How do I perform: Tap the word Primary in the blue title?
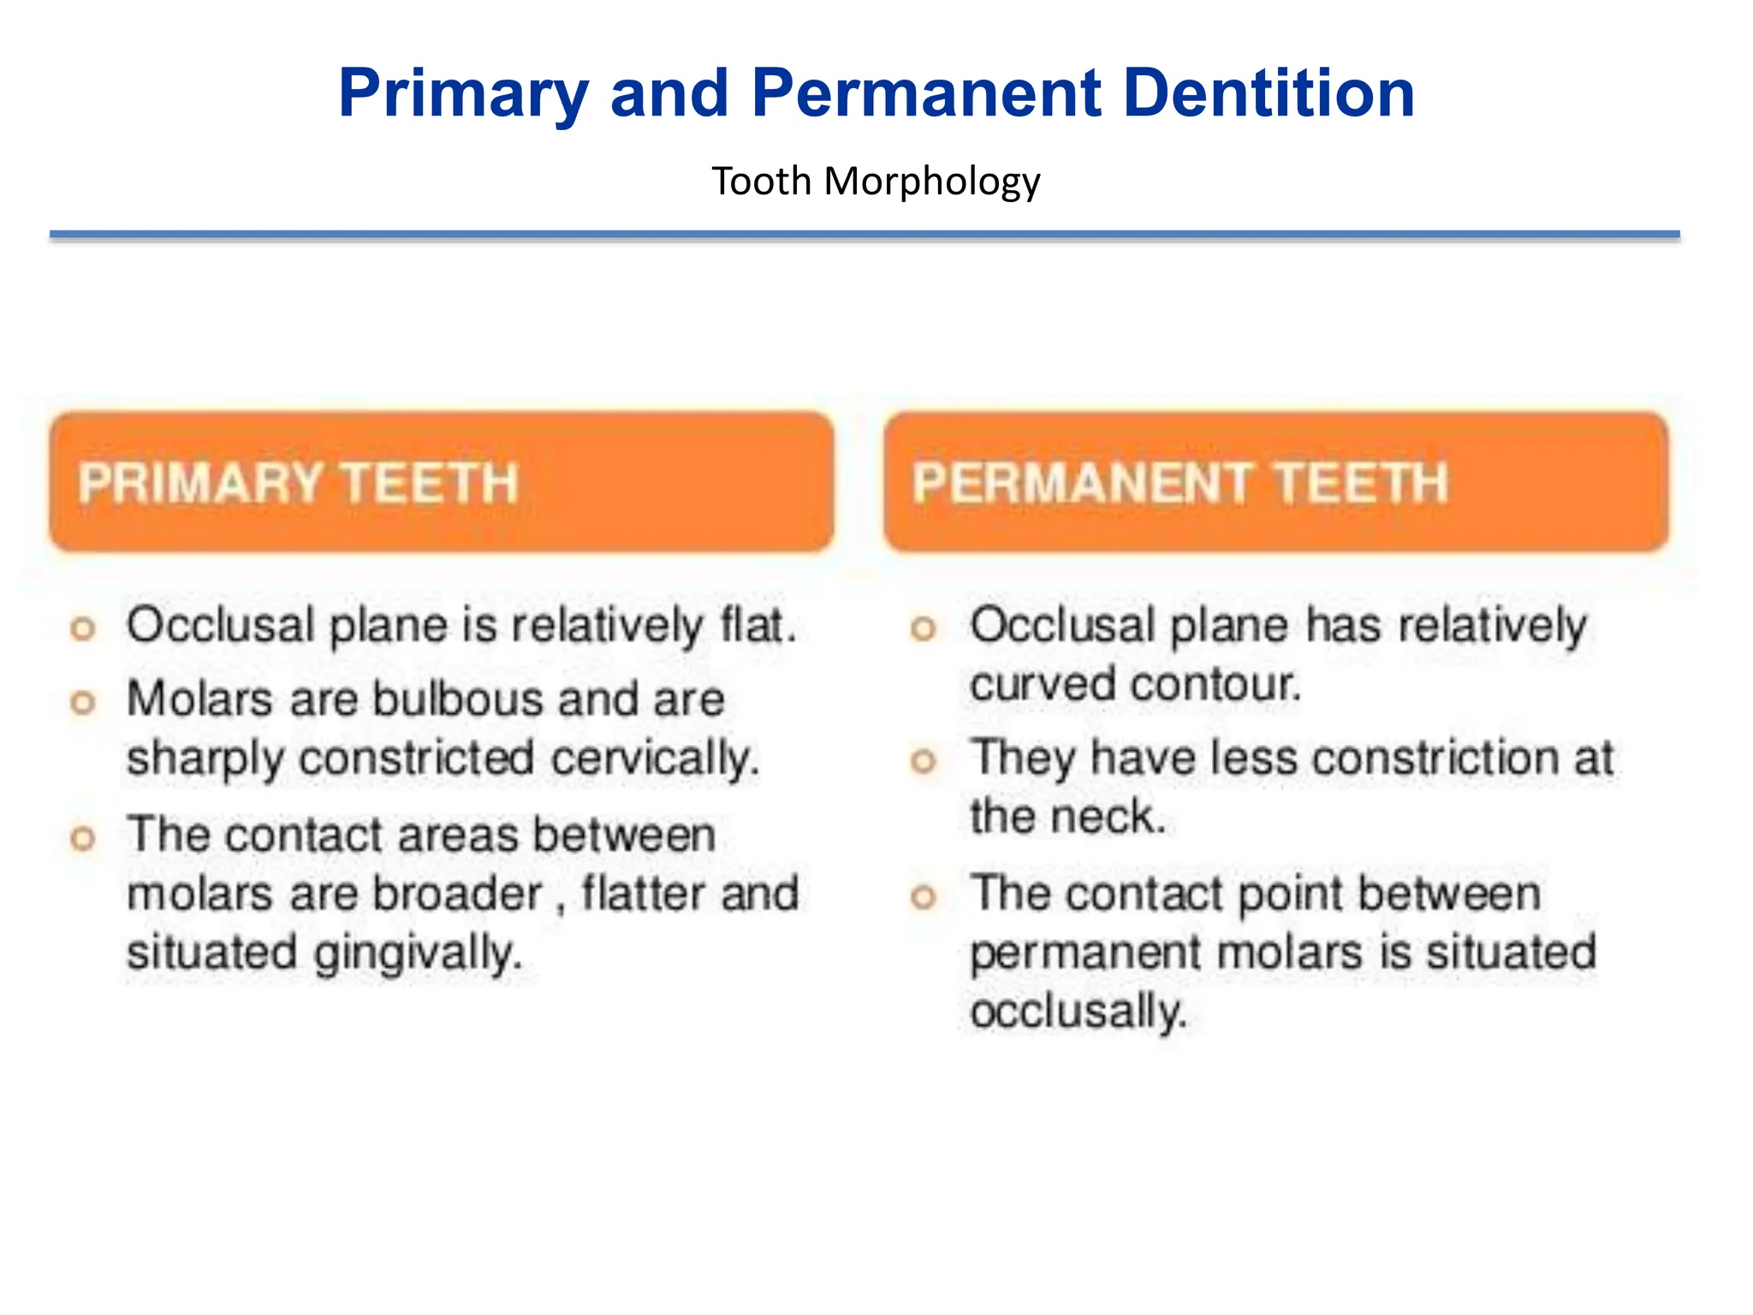pyautogui.click(x=463, y=94)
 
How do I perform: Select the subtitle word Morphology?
pyautogui.click(x=931, y=182)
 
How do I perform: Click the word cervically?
pyautogui.click(x=654, y=759)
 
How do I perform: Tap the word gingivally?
pyautogui.click(x=418, y=953)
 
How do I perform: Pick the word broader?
pyautogui.click(x=457, y=894)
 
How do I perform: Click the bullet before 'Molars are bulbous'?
pyautogui.click(x=82, y=703)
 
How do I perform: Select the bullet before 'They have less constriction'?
pyautogui.click(x=923, y=761)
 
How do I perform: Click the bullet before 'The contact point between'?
pyautogui.click(x=923, y=897)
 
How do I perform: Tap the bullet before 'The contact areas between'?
pyautogui.click(x=82, y=837)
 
